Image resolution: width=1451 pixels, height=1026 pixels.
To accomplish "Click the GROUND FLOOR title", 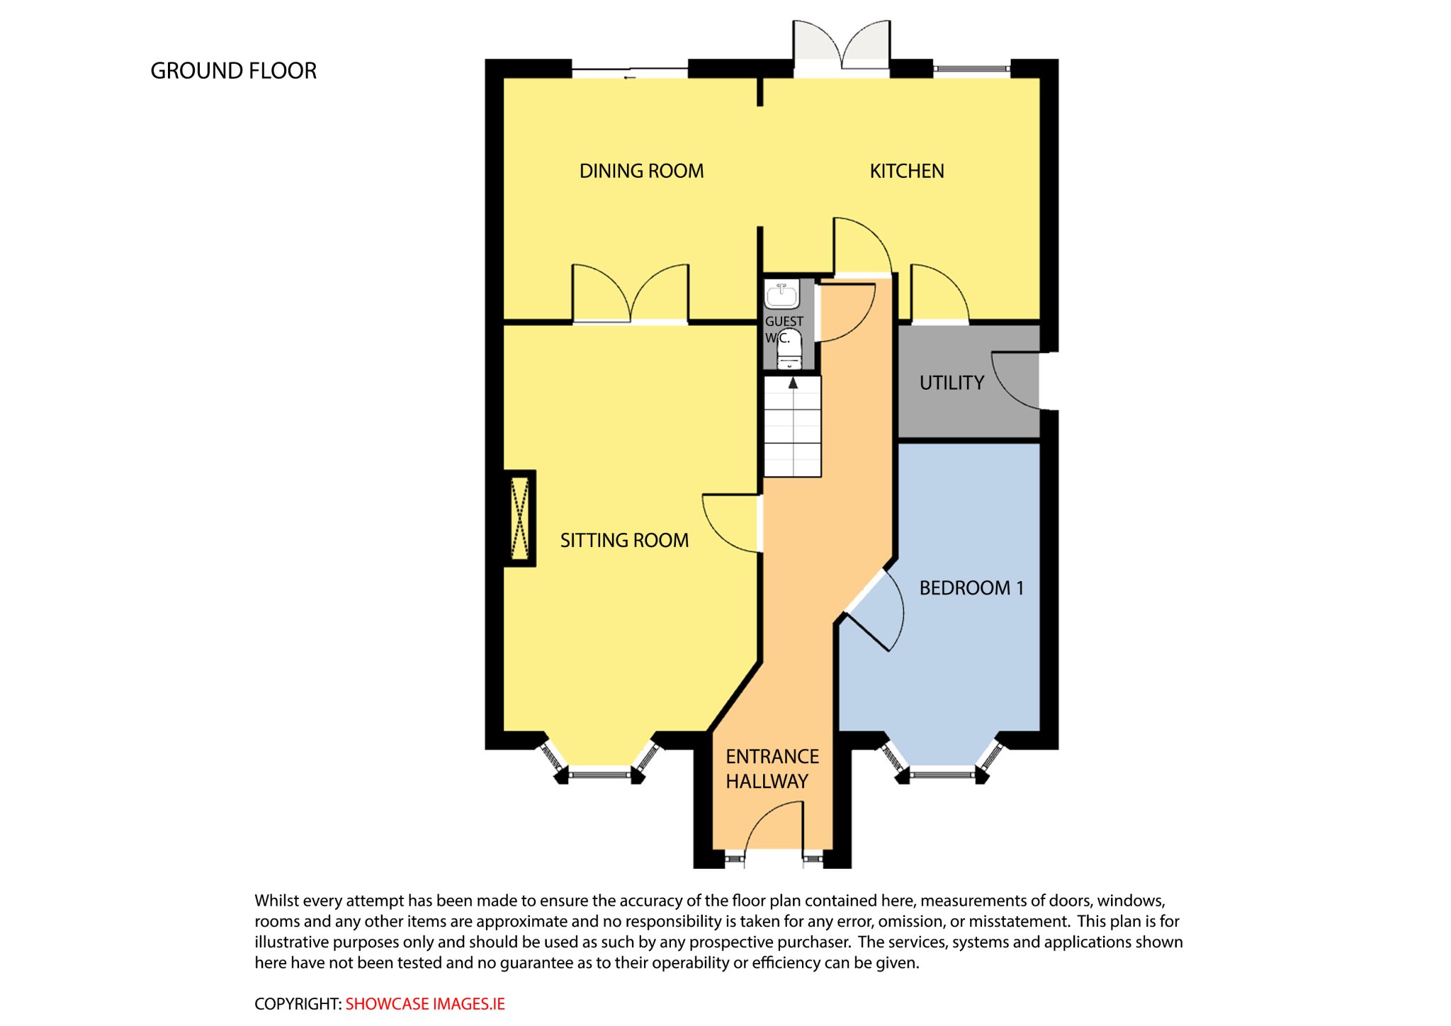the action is click(233, 71).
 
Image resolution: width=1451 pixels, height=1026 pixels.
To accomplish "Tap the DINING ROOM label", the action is click(641, 171).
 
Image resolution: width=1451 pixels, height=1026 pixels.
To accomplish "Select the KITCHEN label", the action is click(907, 171).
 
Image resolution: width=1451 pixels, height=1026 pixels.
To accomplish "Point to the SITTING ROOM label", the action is click(624, 541).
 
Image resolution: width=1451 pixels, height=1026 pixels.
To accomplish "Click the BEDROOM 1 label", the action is click(971, 588).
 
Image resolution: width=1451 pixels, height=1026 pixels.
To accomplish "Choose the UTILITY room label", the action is click(952, 383).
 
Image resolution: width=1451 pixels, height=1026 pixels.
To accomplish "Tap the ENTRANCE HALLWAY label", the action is click(772, 769).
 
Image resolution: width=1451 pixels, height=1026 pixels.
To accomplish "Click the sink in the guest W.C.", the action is click(782, 294).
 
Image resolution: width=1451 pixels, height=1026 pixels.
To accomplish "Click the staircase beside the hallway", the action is click(792, 427).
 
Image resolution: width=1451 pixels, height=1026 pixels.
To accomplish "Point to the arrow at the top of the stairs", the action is click(793, 383).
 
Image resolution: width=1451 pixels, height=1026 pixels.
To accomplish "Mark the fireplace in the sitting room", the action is click(519, 518).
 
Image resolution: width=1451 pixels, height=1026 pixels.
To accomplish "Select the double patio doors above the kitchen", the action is click(841, 48).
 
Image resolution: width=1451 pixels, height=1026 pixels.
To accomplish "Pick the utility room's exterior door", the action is click(1015, 380).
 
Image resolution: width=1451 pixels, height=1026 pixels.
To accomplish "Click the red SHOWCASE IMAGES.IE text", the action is click(425, 1004).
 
